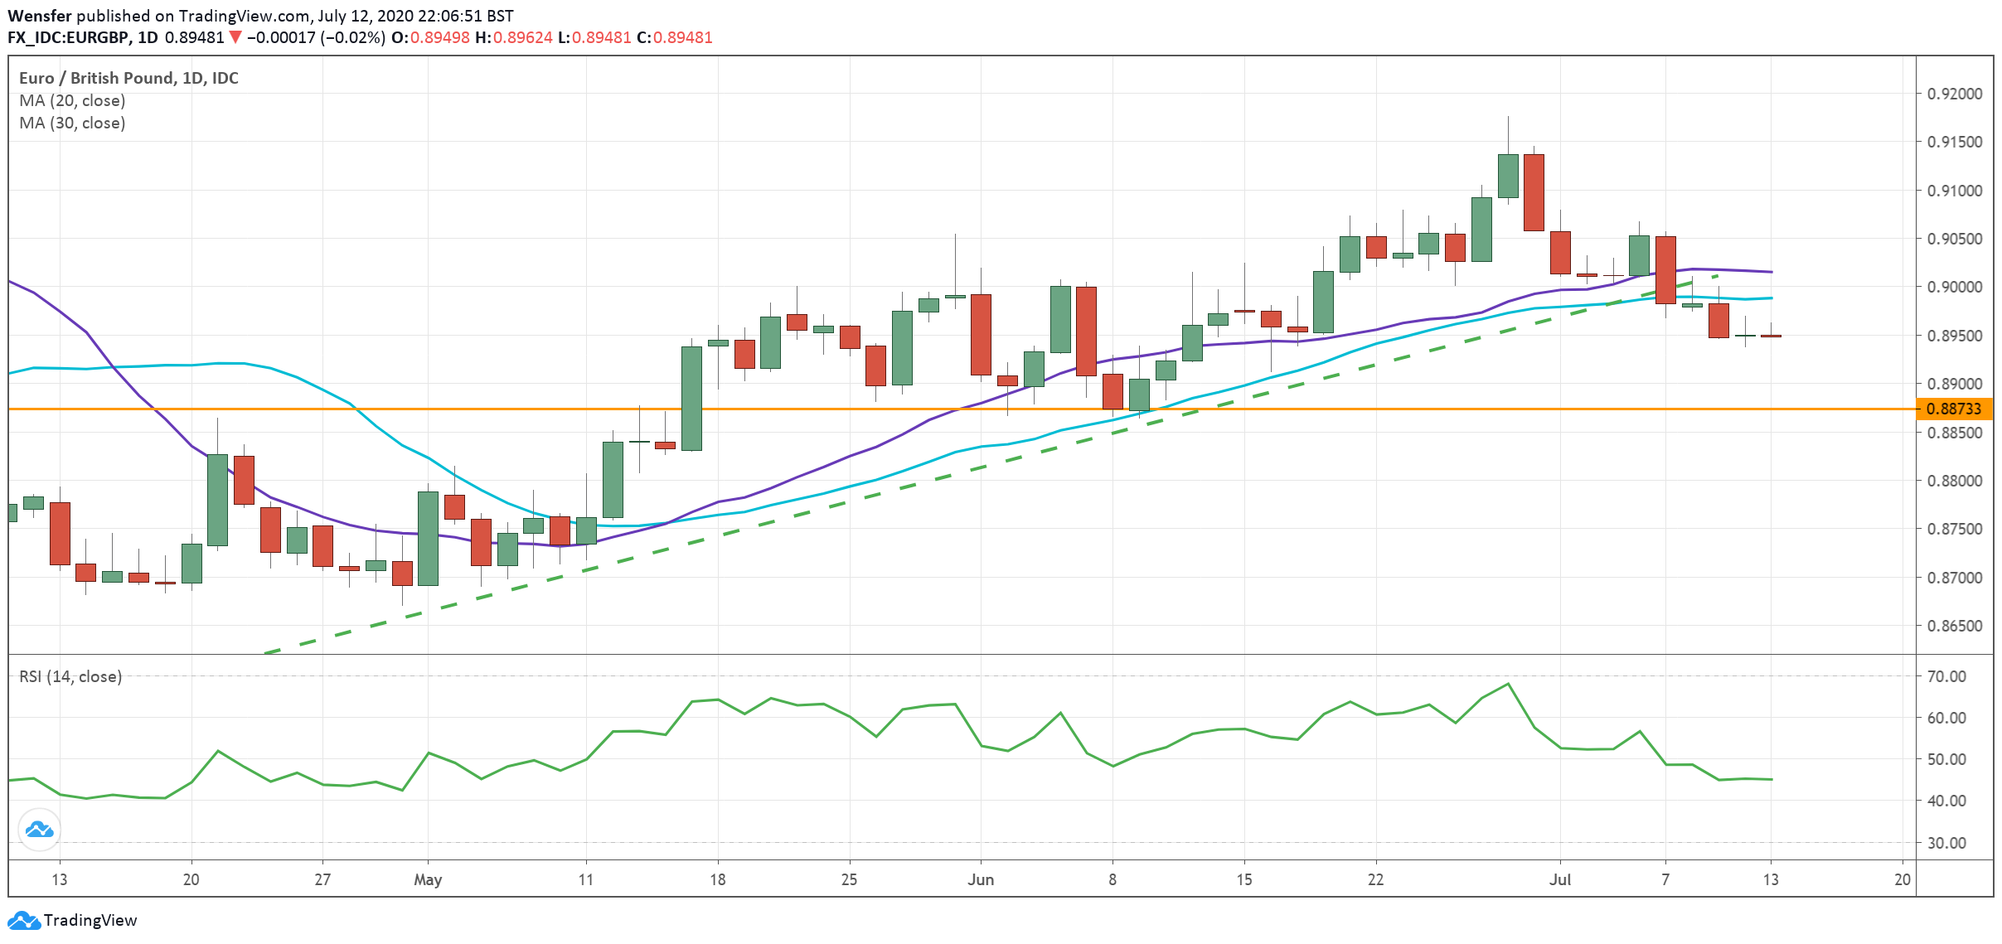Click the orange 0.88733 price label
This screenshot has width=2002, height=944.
pyautogui.click(x=1953, y=409)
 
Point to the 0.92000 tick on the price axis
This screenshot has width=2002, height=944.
pyautogui.click(x=1955, y=94)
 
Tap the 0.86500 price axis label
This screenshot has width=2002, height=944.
pyautogui.click(x=1955, y=626)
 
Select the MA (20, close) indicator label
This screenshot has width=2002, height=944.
pyautogui.click(x=72, y=100)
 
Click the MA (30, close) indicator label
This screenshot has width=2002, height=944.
pyautogui.click(x=72, y=123)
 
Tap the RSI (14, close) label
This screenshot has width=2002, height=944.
pyautogui.click(x=70, y=676)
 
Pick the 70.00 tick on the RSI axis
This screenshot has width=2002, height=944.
pyautogui.click(x=1946, y=676)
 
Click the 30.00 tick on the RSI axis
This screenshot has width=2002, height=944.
pyautogui.click(x=1946, y=843)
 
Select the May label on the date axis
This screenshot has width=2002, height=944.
pyautogui.click(x=428, y=879)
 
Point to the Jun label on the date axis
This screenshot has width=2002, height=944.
pyautogui.click(x=981, y=879)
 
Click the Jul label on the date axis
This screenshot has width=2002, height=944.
pyautogui.click(x=1560, y=879)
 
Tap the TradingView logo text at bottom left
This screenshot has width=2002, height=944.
pyautogui.click(x=90, y=920)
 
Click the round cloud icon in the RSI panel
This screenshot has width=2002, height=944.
pyautogui.click(x=39, y=829)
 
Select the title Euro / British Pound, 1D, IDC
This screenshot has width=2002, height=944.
pyautogui.click(x=128, y=78)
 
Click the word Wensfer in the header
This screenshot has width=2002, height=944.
pyautogui.click(x=39, y=16)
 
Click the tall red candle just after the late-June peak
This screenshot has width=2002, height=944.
pyautogui.click(x=1534, y=192)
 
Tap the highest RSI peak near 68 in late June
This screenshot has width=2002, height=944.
pyautogui.click(x=1508, y=685)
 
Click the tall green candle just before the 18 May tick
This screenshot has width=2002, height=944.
pyautogui.click(x=691, y=398)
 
